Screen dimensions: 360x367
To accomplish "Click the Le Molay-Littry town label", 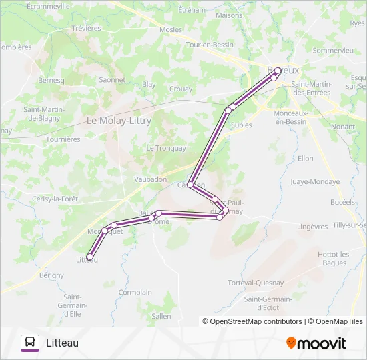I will tap(119, 121).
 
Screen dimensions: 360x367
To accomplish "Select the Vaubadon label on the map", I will tap(150, 179).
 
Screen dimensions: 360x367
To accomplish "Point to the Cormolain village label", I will tap(135, 292).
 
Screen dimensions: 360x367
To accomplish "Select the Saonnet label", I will tap(111, 79).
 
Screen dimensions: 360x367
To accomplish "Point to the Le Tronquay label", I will tap(166, 148).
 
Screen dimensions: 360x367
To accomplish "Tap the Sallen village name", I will tap(161, 316).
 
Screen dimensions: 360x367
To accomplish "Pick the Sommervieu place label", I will tap(332, 50).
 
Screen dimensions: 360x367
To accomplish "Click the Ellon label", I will tap(305, 158).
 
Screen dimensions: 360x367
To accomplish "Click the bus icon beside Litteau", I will tap(30, 343).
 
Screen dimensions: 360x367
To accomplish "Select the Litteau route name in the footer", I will tap(62, 343).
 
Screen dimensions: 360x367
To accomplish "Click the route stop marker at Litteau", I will tap(89, 257).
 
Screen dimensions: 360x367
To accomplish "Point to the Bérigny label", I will tap(51, 275).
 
